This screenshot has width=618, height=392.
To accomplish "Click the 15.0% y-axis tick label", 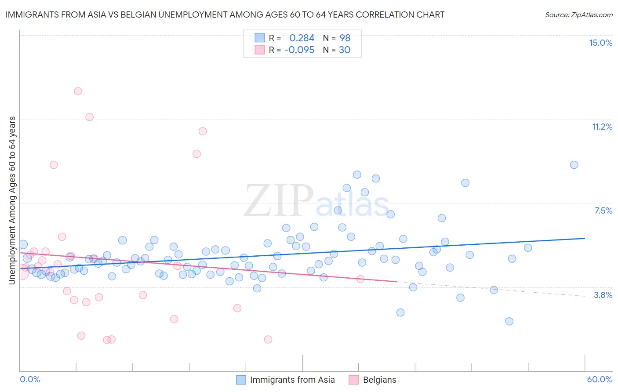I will coord(600,43).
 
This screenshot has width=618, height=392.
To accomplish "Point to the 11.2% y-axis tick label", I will coord(602,127).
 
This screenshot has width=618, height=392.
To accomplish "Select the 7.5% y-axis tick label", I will coord(603,211).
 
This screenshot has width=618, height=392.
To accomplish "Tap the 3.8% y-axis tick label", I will coord(603,295).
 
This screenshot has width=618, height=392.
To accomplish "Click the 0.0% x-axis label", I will coord(30,379).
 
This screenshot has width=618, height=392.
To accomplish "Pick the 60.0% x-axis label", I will coord(600,379).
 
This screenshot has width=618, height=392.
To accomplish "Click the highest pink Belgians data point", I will coord(78,91).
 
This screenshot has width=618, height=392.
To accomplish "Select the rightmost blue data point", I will coord(574,165).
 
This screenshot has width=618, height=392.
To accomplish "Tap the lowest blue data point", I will coord(509,321).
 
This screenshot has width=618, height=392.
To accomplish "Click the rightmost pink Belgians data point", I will coord(360,279).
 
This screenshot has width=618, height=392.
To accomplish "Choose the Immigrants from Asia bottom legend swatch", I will coord(241,380).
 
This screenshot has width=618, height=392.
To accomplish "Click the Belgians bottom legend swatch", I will coord(354,380).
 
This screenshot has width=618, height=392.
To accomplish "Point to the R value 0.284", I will coord(302,38).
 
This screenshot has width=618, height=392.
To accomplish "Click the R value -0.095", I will coord(299,50).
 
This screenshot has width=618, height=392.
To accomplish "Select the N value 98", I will coord(345,38).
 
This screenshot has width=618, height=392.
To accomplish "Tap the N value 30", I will coord(345,50).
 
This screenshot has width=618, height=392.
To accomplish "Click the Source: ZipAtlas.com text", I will coord(578,15).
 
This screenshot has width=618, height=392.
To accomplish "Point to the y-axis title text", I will coord(12,200).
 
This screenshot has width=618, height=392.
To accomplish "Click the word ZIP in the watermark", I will coord(278,201).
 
